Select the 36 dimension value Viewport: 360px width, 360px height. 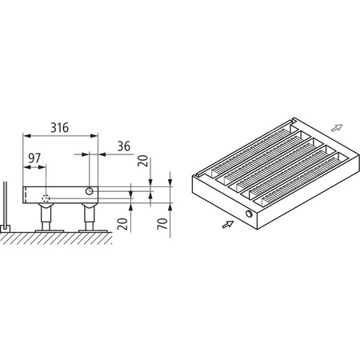point(124,146)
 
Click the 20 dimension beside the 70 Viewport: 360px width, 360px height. point(123,223)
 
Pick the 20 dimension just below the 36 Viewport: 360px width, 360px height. point(142,161)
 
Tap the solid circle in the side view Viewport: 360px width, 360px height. point(90,191)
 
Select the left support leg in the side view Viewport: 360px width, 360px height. point(47,217)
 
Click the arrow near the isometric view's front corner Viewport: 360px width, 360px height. point(227,227)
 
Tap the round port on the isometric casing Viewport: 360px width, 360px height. point(252,216)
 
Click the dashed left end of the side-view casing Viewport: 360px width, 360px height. point(26,194)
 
